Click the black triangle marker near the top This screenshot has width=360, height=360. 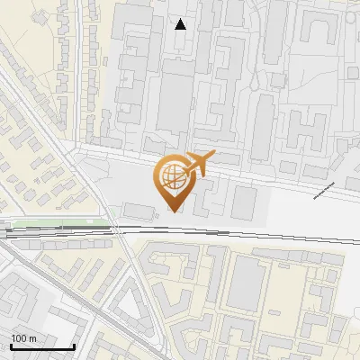181,24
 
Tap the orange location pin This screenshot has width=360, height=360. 175,180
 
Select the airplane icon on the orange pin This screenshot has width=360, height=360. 199,164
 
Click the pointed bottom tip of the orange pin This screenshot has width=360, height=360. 175,211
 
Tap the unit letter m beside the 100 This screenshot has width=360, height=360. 32,338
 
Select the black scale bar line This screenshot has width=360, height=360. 42,346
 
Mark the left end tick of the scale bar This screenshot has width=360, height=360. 12,345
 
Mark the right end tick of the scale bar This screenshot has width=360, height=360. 73,345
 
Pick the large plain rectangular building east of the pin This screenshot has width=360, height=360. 244,202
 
